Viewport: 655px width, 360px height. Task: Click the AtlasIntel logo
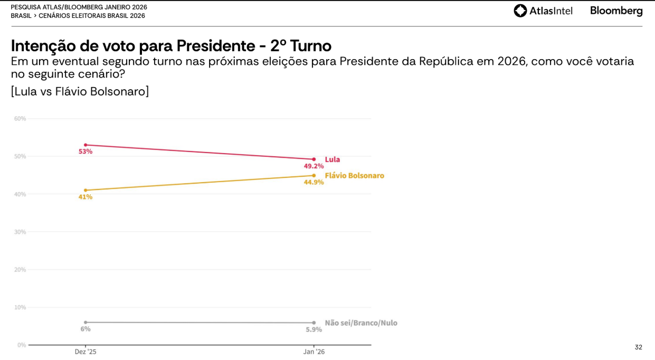[x=543, y=11]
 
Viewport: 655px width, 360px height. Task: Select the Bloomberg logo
[x=616, y=11]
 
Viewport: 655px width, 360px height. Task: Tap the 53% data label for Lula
[x=86, y=151]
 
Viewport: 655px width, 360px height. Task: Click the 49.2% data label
[x=314, y=166]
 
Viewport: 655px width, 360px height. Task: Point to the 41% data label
[x=86, y=197]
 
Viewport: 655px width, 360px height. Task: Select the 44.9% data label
[x=314, y=182]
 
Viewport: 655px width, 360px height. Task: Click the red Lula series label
[x=333, y=159]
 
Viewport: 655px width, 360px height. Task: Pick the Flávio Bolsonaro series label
[x=354, y=176]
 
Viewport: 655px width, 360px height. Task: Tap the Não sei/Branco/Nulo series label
[x=361, y=323]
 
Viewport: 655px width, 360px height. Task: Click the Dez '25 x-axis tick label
[x=86, y=352]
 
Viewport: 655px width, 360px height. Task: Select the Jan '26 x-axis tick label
[x=314, y=352]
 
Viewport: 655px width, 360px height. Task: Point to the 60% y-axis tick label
[x=20, y=119]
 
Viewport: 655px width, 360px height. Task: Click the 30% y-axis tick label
[x=20, y=232]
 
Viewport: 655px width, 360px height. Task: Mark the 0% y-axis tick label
[x=22, y=345]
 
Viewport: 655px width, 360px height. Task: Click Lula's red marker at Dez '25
[x=86, y=145]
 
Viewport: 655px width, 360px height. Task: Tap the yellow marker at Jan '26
[x=314, y=176]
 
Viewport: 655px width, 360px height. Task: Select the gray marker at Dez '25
[x=86, y=322]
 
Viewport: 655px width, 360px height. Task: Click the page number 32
[x=639, y=347]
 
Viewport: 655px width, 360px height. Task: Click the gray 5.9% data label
[x=314, y=329]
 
